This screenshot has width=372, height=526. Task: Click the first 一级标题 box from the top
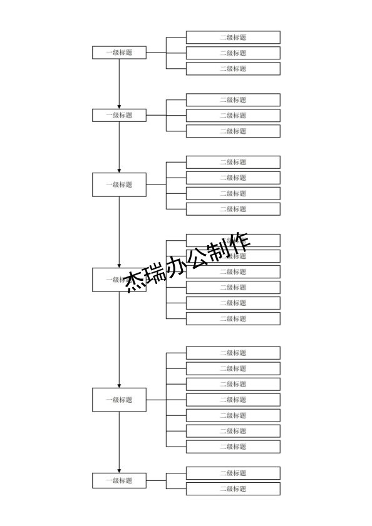point(119,53)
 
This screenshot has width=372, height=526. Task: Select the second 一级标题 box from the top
point(119,115)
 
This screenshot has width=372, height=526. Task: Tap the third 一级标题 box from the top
point(119,185)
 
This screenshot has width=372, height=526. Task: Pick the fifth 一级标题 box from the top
point(119,400)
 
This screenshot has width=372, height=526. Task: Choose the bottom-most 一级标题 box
point(119,480)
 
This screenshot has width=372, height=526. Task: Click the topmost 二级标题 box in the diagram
point(233,38)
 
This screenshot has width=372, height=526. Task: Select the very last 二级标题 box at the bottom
point(233,489)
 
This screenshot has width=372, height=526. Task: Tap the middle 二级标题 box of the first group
point(233,53)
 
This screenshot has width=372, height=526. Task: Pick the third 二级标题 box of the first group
point(233,69)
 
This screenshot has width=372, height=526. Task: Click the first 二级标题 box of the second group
point(233,100)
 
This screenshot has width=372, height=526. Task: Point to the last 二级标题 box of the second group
point(233,131)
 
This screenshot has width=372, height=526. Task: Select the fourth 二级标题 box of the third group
point(233,209)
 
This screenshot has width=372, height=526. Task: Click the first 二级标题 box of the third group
point(233,162)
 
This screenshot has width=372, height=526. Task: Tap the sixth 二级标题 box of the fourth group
point(233,318)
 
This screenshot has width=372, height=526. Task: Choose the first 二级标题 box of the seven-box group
point(233,353)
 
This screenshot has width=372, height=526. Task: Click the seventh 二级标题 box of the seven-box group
point(233,447)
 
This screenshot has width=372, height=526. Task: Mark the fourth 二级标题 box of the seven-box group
point(233,400)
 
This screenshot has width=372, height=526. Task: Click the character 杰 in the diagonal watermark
point(135,282)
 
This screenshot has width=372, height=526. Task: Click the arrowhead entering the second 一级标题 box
point(119,106)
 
